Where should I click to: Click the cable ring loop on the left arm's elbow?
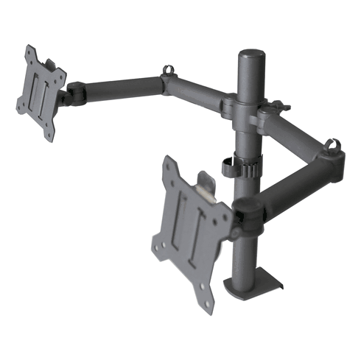pos(169,72)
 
